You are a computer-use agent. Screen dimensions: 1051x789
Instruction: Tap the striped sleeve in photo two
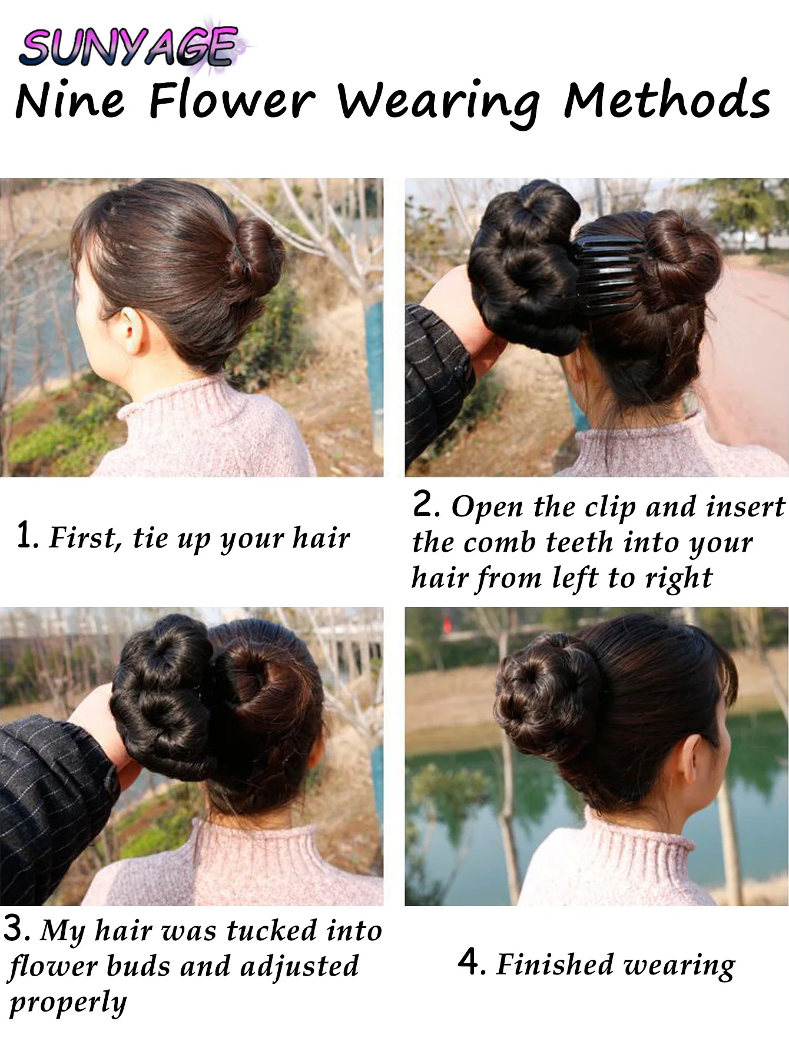pos(436,377)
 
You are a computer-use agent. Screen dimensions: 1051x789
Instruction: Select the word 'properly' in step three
pos(68,1003)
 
